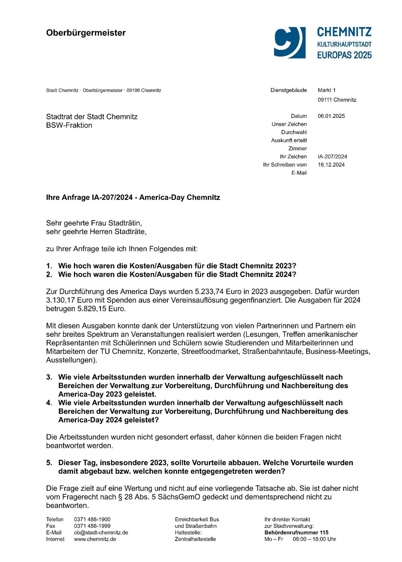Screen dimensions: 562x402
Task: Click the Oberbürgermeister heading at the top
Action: coord(86,33)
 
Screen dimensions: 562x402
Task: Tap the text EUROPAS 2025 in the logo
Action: coord(344,55)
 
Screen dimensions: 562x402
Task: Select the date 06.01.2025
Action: coord(331,116)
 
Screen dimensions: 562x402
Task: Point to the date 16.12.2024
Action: coord(331,165)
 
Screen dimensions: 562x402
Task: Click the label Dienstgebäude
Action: coord(288,90)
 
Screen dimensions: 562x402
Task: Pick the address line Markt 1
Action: coord(326,90)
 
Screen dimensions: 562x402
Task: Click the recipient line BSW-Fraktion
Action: coord(69,125)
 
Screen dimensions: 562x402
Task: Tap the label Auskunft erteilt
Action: coord(289,140)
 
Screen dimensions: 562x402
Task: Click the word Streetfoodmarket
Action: coord(210,351)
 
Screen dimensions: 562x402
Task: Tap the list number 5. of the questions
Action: coord(49,463)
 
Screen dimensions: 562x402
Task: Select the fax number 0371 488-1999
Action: coord(92,526)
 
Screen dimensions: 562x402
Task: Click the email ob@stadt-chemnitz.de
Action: coord(101,533)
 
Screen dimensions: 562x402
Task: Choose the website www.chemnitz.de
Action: coord(95,539)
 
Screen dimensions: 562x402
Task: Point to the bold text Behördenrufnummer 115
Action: coord(296,533)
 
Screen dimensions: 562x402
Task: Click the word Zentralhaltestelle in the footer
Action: coord(195,539)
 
